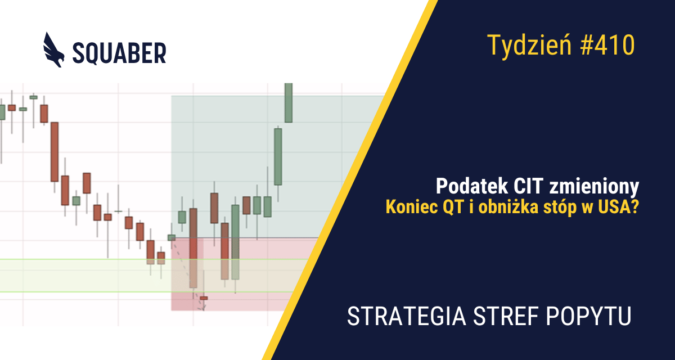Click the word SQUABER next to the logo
click(x=119, y=53)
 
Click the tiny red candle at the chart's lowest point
click(x=204, y=298)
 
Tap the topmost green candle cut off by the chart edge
click(x=289, y=102)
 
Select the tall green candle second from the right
click(x=278, y=156)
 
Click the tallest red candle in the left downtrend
click(x=55, y=151)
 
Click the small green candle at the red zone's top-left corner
click(x=172, y=237)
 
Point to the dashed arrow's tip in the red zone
click(x=204, y=309)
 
